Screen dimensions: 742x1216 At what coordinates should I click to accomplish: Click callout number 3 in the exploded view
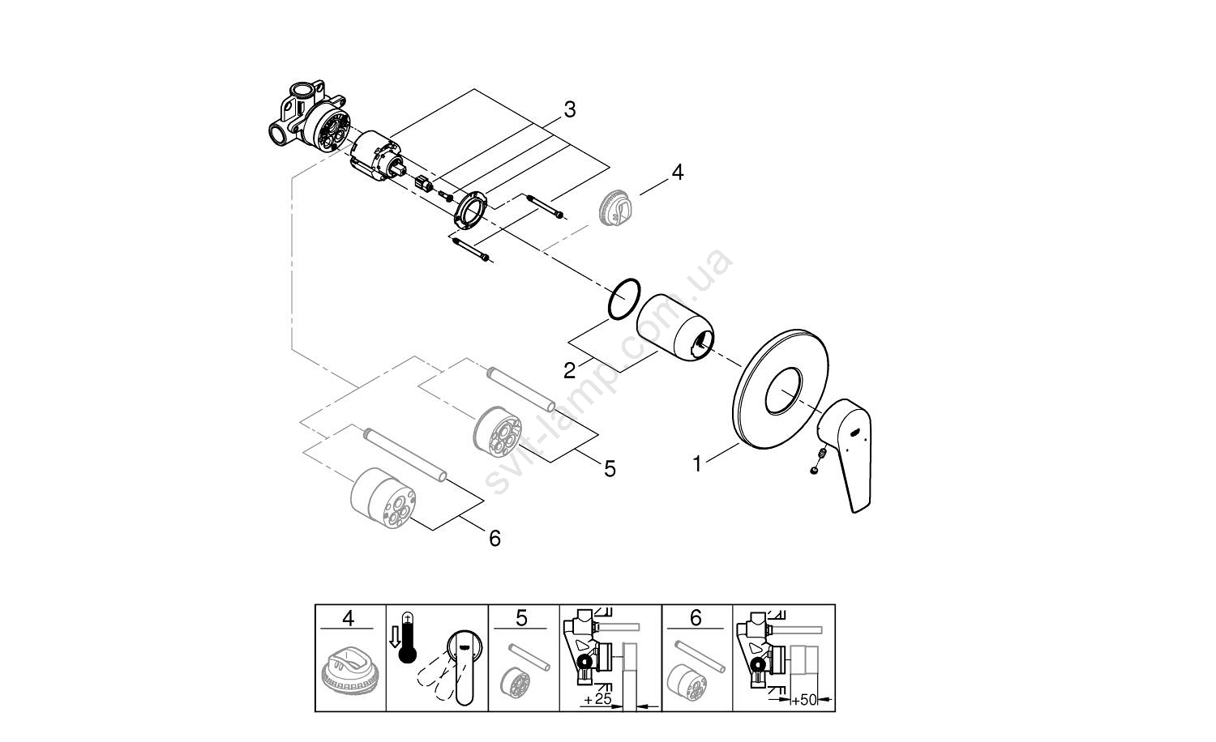pos(569,109)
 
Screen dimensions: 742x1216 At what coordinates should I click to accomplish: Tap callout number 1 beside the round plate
pos(696,464)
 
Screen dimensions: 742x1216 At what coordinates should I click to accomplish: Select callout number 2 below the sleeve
pos(569,370)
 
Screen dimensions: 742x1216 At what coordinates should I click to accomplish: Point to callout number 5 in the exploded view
pos(610,468)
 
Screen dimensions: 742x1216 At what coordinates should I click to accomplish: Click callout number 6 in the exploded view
pos(495,537)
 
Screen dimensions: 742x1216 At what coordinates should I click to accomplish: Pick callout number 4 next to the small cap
pos(677,172)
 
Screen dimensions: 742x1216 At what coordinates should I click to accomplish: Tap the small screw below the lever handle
pos(813,471)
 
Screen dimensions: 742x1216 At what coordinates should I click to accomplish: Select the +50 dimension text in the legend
pos(804,697)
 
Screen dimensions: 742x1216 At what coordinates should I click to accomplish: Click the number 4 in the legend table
pos(349,618)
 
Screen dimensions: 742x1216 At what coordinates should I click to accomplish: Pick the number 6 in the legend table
pos(696,618)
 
